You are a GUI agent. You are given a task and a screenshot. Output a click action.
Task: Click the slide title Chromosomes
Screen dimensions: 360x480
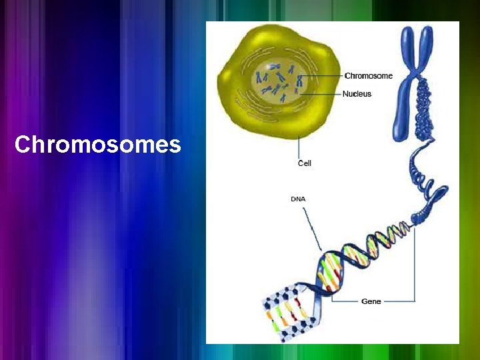click(x=97, y=145)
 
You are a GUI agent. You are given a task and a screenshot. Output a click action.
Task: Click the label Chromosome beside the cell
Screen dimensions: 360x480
click(x=368, y=76)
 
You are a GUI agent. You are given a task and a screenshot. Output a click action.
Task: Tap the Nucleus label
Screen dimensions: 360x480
click(x=357, y=94)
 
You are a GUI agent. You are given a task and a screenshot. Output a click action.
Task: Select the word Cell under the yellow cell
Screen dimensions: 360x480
click(x=305, y=163)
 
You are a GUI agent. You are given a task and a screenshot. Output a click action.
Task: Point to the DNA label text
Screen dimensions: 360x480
click(x=299, y=199)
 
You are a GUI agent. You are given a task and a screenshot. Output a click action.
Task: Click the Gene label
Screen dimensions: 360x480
click(x=371, y=301)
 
